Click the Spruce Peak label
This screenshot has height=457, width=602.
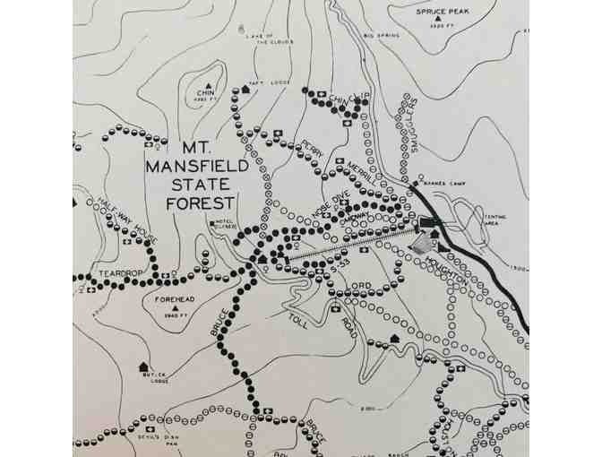(x=442, y=12)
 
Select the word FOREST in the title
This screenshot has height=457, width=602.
(x=200, y=203)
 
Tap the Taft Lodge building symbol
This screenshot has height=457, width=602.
(x=244, y=90)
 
